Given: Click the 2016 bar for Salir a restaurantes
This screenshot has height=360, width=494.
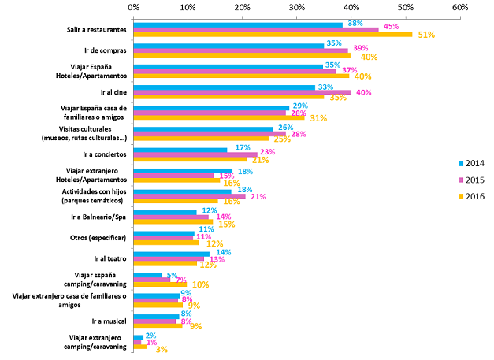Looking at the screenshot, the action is coord(273,35).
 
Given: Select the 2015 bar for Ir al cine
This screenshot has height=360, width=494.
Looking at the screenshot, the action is coord(243,92).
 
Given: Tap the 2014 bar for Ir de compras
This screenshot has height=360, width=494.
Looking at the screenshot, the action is coord(228,46).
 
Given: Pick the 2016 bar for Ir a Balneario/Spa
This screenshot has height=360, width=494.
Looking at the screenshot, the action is coord(173,221).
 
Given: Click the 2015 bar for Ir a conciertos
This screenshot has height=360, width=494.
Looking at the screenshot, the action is coord(195,154).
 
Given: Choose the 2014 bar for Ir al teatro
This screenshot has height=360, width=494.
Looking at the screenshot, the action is coord(172,254).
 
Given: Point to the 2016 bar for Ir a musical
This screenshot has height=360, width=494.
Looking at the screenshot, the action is coord(158,326).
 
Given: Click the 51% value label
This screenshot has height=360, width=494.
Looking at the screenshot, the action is coord(426,35).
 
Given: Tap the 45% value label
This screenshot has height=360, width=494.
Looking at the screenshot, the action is coord(391,27).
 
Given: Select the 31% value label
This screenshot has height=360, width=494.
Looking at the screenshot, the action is coord(318,118).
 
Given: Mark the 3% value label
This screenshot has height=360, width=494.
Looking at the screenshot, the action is coord(162,349).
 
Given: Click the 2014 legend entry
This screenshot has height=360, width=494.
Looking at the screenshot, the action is coord(471,163).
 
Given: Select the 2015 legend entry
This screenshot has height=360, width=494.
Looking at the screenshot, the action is coord(471,180).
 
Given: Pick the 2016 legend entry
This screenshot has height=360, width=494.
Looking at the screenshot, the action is coord(471,196).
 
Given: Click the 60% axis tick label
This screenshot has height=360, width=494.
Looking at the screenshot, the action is coord(460,7).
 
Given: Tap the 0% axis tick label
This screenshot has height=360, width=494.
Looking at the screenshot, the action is coord(134,7).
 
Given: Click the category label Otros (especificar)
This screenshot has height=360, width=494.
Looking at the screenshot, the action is coord(98,238).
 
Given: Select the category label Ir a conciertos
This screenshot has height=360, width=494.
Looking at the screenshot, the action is coord(105,154).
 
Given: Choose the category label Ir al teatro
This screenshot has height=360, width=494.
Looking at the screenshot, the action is coord(110,258).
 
